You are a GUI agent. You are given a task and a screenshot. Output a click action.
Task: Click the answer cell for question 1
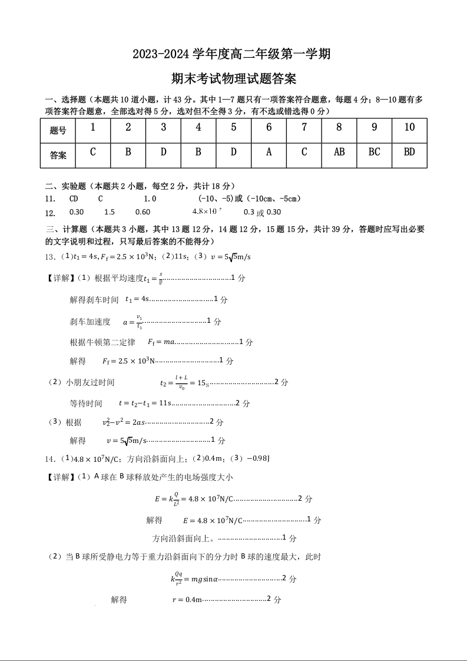pyautogui.click(x=93, y=152)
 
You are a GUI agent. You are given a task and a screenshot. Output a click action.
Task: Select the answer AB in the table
pyautogui.click(x=339, y=152)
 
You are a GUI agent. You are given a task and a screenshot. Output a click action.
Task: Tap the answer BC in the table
pyautogui.click(x=375, y=152)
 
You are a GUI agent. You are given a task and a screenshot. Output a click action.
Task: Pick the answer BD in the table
pyautogui.click(x=409, y=152)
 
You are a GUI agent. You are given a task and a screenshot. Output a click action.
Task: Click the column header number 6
pyautogui.click(x=269, y=128)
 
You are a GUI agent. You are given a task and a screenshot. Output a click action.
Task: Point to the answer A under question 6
pyautogui.click(x=269, y=152)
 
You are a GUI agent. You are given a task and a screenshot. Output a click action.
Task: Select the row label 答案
pyautogui.click(x=58, y=156)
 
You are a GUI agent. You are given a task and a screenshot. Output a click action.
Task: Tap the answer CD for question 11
pyautogui.click(x=74, y=199)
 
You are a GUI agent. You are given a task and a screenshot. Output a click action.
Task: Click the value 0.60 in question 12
pyautogui.click(x=143, y=212)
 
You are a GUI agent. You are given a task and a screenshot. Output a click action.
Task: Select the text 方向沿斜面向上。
pyautogui.click(x=184, y=538)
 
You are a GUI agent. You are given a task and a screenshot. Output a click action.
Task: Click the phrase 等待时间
pyautogui.click(x=86, y=404)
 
